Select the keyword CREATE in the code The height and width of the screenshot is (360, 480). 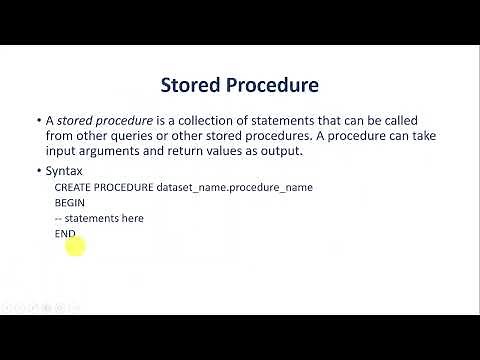click(x=73, y=187)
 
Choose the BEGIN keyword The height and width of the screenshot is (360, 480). click(x=70, y=202)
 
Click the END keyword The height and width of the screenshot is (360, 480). click(x=65, y=233)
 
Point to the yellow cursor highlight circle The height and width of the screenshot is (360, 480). click(x=75, y=244)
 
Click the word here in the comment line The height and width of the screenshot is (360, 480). click(x=131, y=218)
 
